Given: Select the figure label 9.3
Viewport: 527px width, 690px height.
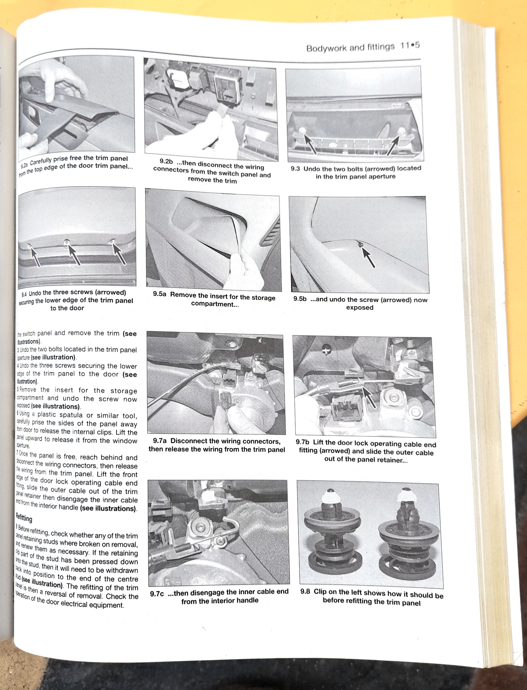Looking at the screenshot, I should tap(295, 169).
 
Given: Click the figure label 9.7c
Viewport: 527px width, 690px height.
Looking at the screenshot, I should tap(157, 594).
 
